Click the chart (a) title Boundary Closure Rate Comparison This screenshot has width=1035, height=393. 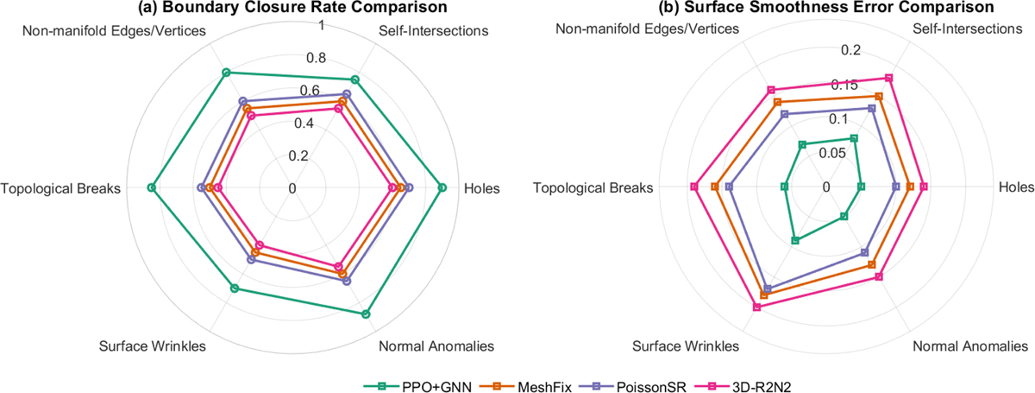tap(292, 8)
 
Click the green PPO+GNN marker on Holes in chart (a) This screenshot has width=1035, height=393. tap(442, 187)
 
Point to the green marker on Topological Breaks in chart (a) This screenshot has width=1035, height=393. tap(152, 187)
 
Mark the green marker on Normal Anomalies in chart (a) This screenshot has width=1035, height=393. tap(366, 314)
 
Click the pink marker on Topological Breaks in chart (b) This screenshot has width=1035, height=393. tap(694, 187)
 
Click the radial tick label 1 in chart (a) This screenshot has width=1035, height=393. tap(322, 26)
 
